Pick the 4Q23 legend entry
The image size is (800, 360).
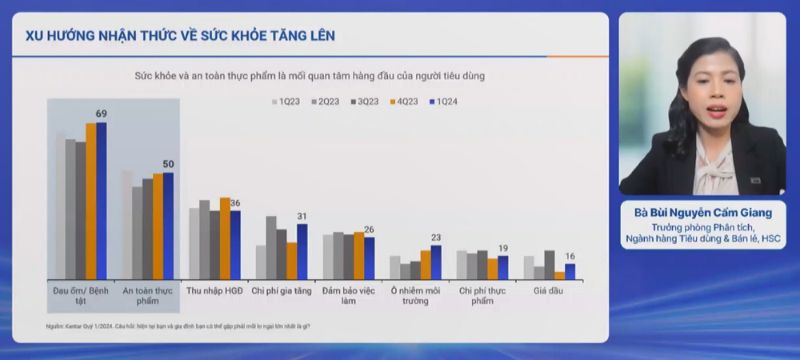404,102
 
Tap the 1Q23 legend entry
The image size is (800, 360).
286,102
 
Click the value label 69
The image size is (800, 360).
101,114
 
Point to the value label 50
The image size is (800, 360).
168,164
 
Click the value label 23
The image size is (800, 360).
436,238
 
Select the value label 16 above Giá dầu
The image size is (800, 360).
570,257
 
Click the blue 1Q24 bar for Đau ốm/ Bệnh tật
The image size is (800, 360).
101,200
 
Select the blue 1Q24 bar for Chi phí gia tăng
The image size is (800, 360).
302,251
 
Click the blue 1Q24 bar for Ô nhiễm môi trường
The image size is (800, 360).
436,262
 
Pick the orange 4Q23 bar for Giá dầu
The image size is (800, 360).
560,275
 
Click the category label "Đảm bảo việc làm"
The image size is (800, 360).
348,295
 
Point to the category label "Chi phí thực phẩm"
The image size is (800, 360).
482,295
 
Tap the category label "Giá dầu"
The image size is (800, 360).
549,290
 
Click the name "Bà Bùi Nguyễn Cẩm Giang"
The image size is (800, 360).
702,213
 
